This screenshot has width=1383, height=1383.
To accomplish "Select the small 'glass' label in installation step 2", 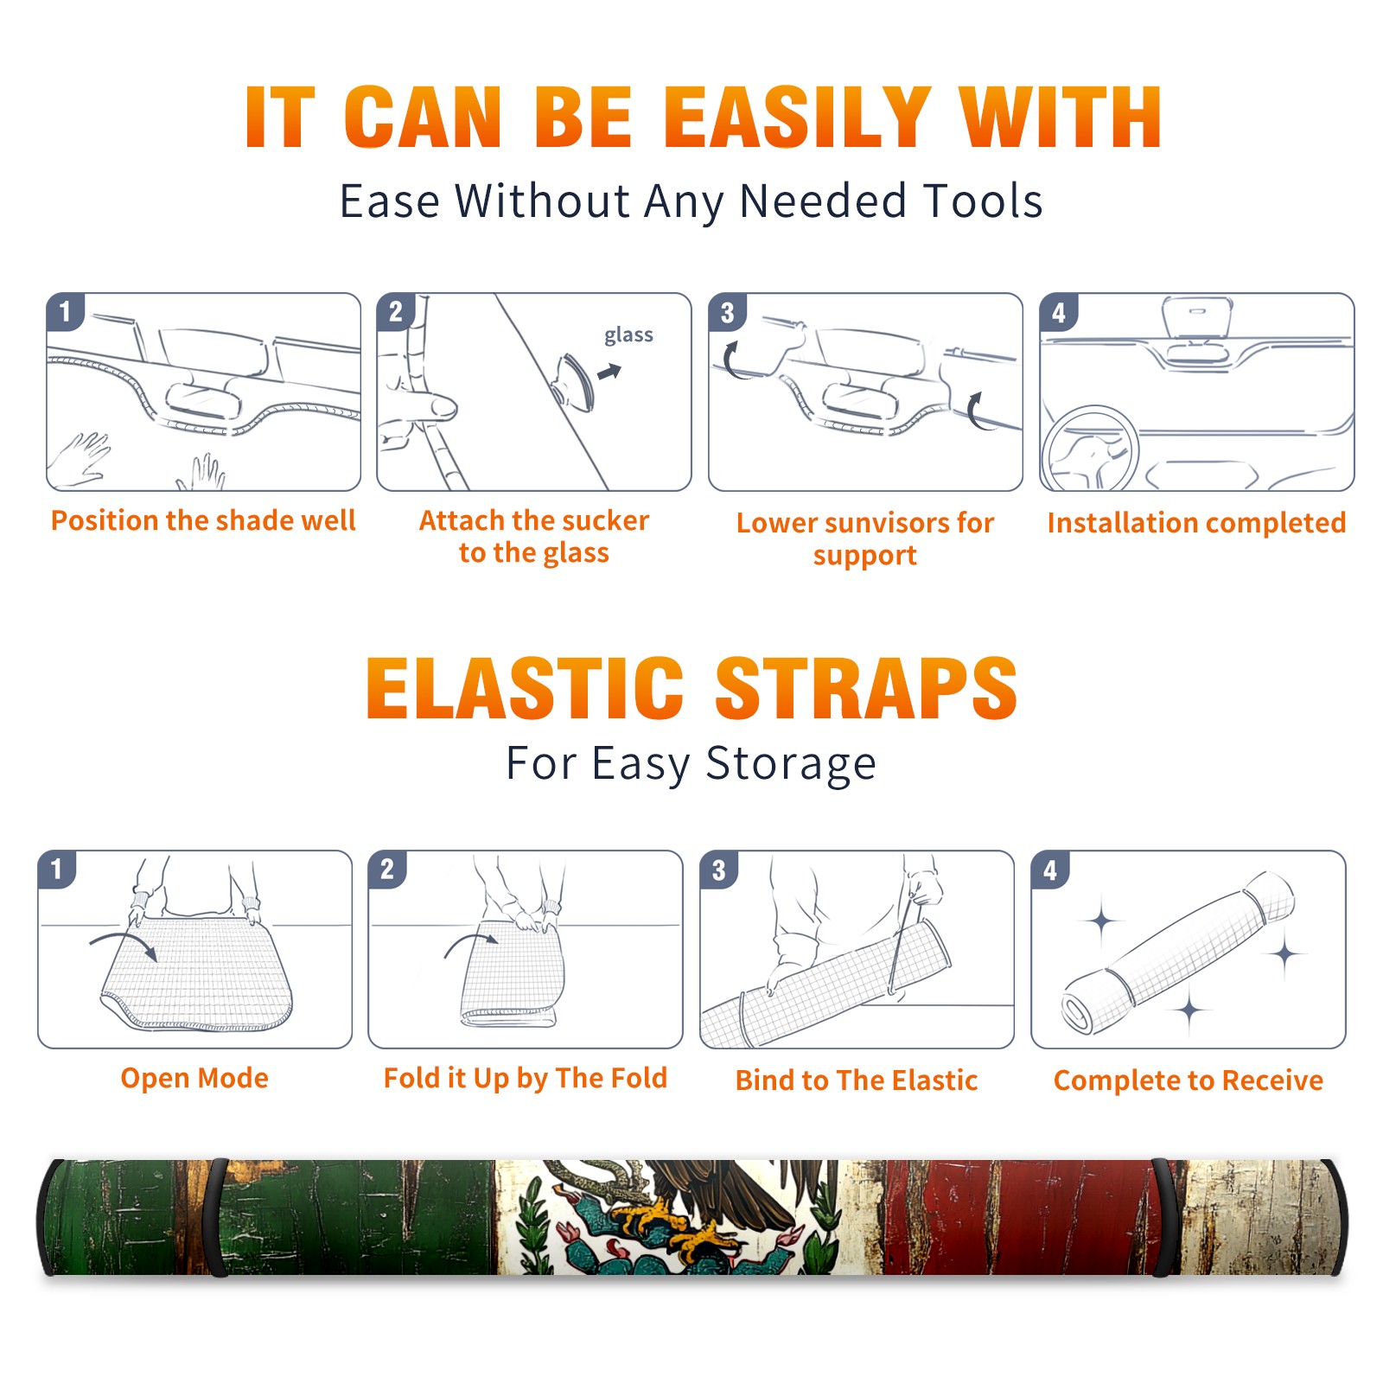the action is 628,335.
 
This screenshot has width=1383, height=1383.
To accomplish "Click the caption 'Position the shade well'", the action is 203,520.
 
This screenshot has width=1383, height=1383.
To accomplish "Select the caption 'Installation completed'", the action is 1196,523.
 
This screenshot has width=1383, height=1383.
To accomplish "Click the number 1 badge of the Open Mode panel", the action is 57,869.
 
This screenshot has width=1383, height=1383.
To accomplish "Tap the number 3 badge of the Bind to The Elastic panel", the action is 719,870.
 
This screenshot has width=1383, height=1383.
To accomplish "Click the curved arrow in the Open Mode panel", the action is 124,944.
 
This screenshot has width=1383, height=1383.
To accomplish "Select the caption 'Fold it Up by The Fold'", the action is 526,1079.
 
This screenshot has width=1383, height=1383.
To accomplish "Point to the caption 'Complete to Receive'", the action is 1189,1080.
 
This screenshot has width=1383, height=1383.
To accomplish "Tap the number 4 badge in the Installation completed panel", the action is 1059,312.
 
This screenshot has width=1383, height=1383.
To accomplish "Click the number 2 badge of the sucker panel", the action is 396,311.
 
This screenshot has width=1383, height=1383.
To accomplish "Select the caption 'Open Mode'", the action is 194,1078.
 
